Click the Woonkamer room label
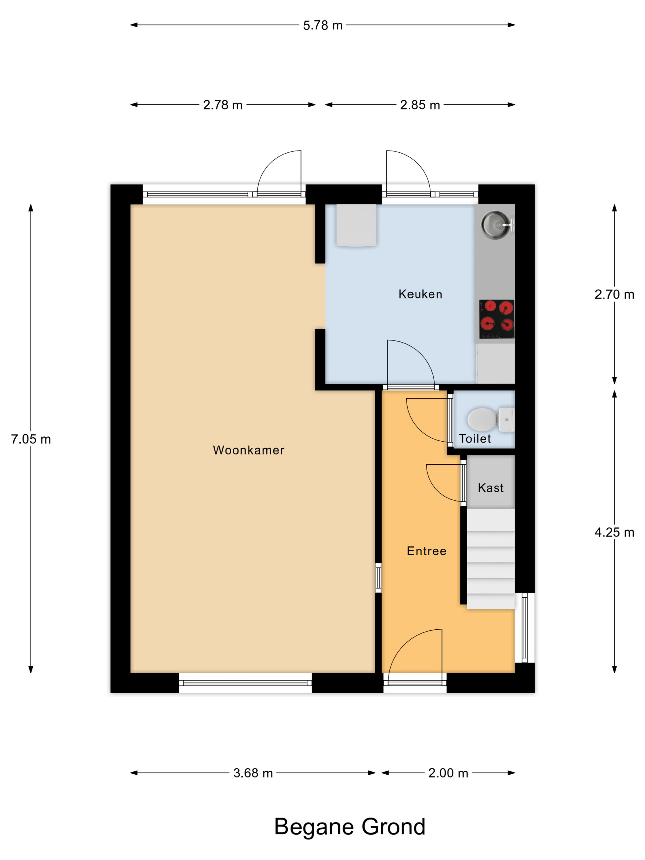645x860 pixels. (x=248, y=450)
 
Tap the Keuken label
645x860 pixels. (x=420, y=294)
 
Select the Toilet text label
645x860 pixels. (x=475, y=439)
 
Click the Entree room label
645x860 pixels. (x=427, y=551)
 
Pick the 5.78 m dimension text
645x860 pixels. (x=323, y=25)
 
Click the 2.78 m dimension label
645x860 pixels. (x=223, y=105)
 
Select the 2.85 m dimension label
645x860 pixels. (x=420, y=105)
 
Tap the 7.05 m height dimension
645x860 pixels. (x=31, y=439)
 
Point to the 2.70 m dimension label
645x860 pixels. (x=614, y=295)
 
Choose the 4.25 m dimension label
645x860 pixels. (x=614, y=533)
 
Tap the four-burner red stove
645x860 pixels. (x=496, y=319)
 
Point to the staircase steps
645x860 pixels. (x=491, y=559)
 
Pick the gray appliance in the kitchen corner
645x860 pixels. (x=356, y=225)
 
